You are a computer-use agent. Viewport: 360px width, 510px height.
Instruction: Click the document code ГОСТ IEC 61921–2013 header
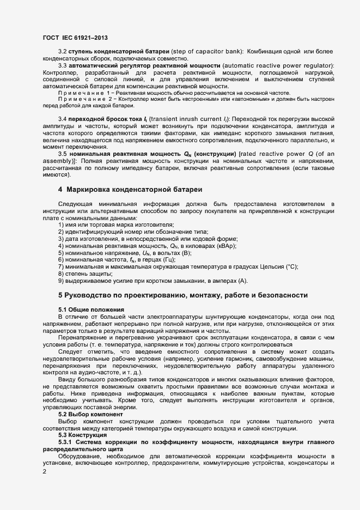75,38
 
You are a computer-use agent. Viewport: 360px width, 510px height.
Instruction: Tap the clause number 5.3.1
68,442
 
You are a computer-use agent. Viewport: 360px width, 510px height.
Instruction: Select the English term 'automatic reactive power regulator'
273,65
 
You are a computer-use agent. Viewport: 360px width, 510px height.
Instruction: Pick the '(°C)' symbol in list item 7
290,266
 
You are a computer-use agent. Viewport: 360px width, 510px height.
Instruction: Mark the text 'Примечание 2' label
82,101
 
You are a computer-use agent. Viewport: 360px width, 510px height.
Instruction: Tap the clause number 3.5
63,154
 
